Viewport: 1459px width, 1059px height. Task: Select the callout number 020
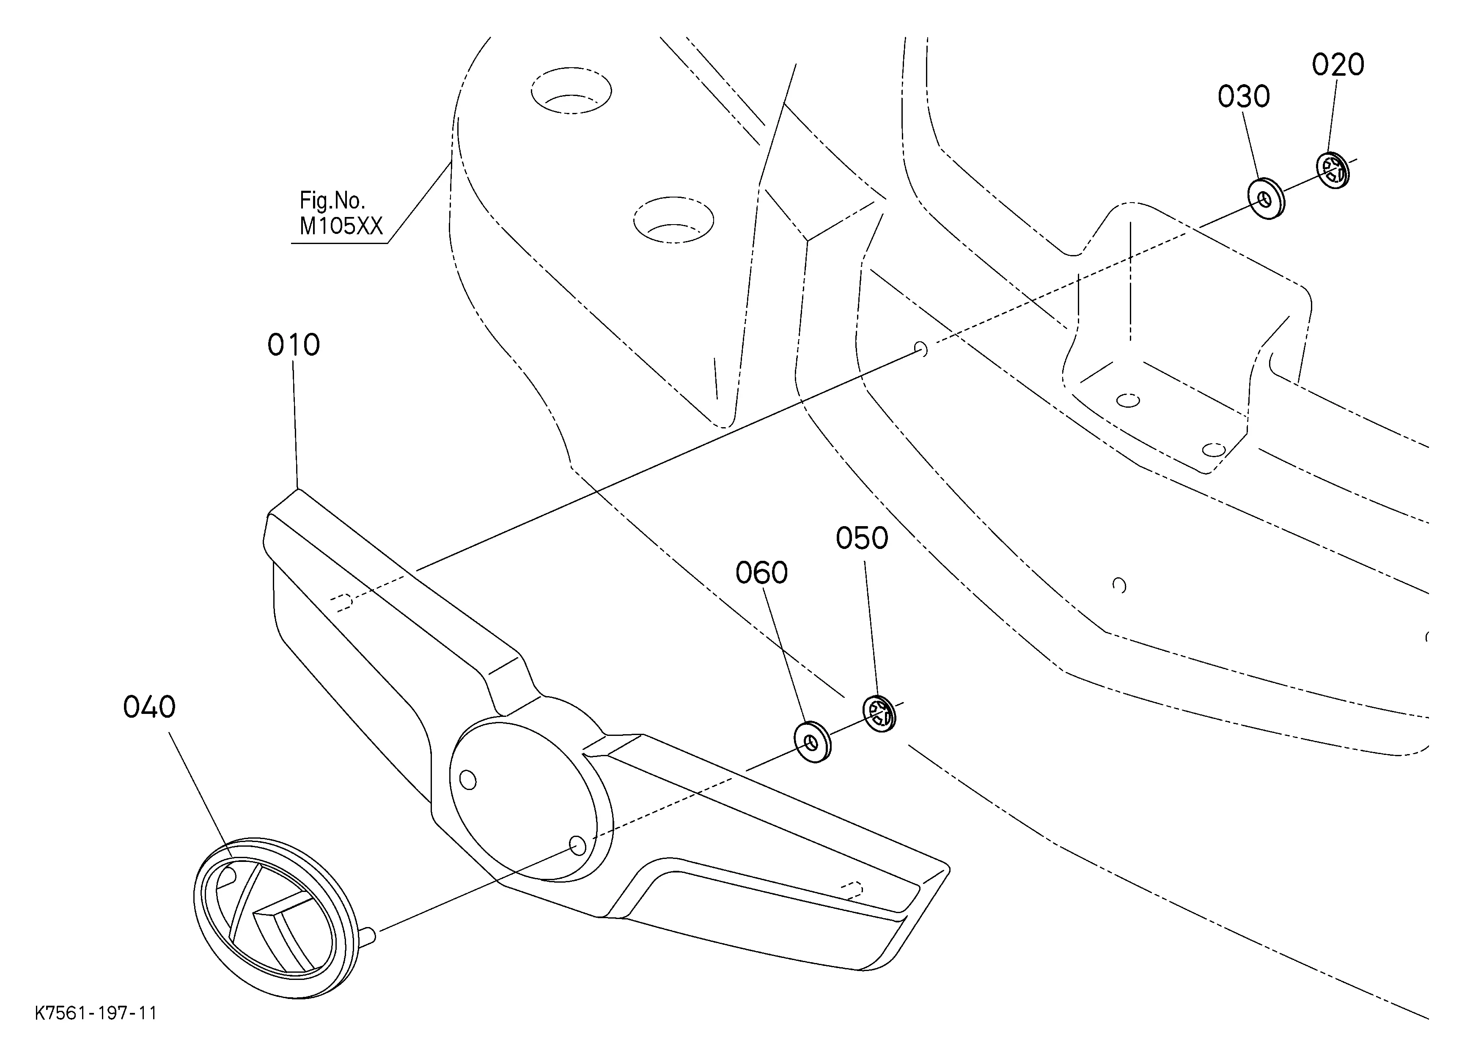[x=1338, y=65]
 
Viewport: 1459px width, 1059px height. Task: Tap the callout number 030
[x=1244, y=97]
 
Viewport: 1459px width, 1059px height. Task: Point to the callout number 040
[x=149, y=707]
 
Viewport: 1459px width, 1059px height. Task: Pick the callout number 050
[x=862, y=538]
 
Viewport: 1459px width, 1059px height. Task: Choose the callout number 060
[x=762, y=573]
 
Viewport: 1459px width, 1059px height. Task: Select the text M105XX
[x=341, y=226]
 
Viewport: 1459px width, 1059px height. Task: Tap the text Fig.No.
[x=332, y=200]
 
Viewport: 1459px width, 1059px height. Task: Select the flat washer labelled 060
[x=813, y=742]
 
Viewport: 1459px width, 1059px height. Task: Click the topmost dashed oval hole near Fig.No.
[x=572, y=90]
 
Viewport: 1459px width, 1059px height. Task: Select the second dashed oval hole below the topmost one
[x=673, y=219]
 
